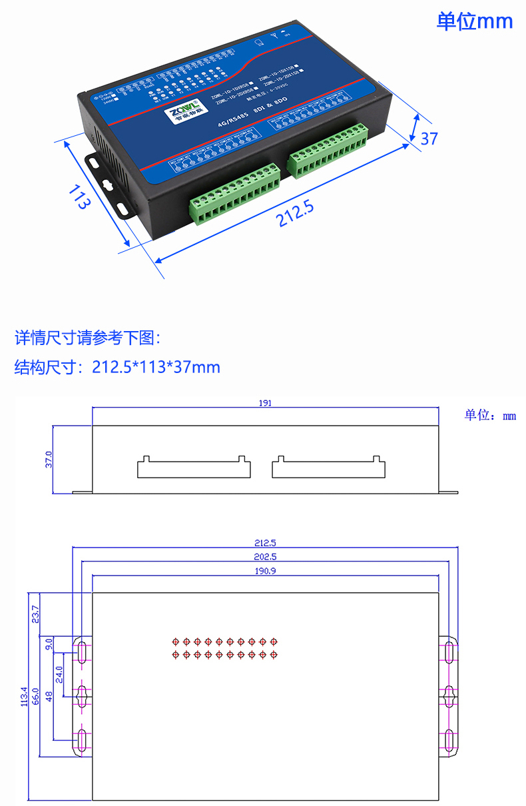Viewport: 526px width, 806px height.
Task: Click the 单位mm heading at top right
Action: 474,21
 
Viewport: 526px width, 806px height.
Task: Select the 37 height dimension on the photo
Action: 429,138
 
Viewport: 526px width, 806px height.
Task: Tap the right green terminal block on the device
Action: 328,151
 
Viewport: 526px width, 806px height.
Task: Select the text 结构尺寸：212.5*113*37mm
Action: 117,367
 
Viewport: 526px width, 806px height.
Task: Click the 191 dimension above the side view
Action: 265,403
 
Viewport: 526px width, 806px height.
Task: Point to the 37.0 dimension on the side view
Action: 49,459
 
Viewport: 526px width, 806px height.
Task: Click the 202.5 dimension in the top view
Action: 265,556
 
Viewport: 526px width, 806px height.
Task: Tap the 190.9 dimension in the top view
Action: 265,571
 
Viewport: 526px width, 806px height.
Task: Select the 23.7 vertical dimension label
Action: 35,613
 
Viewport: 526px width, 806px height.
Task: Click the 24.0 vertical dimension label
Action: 59,675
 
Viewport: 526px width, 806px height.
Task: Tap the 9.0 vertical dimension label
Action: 49,644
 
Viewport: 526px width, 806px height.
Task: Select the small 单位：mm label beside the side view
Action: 490,416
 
